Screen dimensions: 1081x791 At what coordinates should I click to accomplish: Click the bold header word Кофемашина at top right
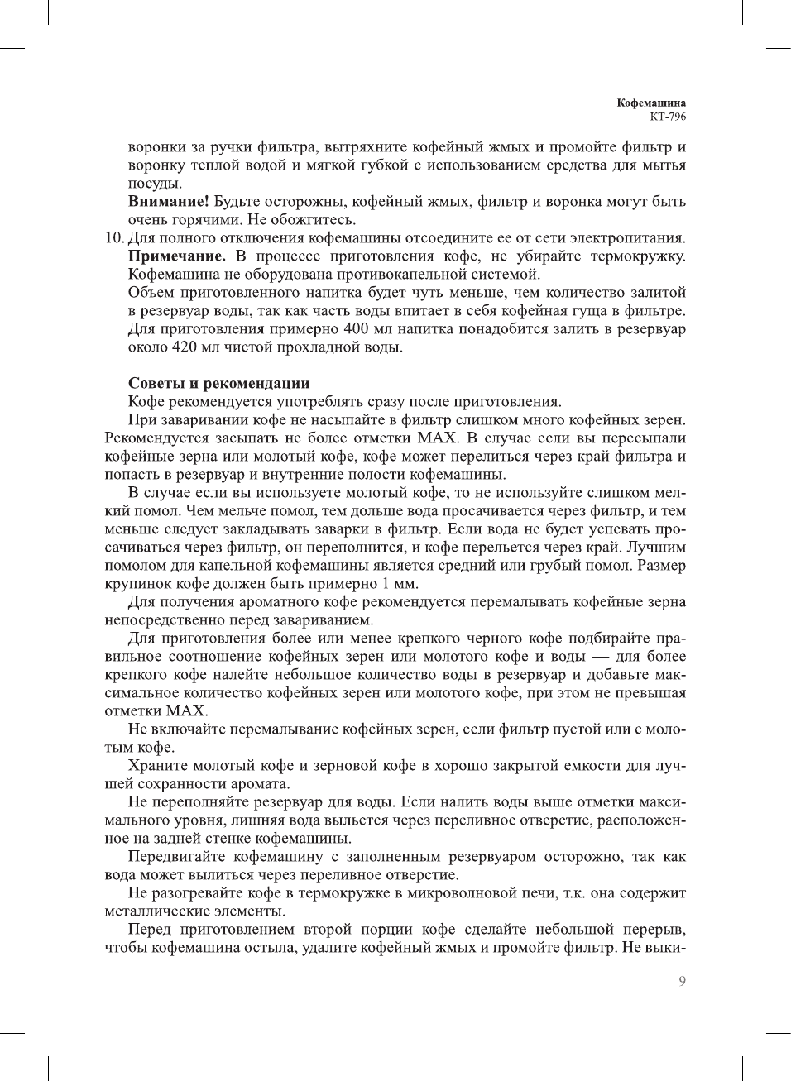[651, 103]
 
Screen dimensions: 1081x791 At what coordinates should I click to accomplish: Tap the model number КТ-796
[667, 117]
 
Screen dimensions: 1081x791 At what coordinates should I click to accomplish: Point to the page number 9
[682, 981]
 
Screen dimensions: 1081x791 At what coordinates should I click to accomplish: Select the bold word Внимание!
[169, 202]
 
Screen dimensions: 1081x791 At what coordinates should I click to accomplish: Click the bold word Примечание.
[176, 256]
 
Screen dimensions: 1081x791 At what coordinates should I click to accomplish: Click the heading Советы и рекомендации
[218, 384]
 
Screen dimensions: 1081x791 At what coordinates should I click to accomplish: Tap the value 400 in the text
[356, 329]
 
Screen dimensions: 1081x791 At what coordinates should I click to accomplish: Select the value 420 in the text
[184, 347]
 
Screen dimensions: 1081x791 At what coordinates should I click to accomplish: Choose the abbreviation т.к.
[575, 893]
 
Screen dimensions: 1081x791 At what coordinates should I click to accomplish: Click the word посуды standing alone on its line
[155, 184]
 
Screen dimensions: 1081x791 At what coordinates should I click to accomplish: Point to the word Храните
[157, 766]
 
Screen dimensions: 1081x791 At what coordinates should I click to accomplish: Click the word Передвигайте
[175, 857]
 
